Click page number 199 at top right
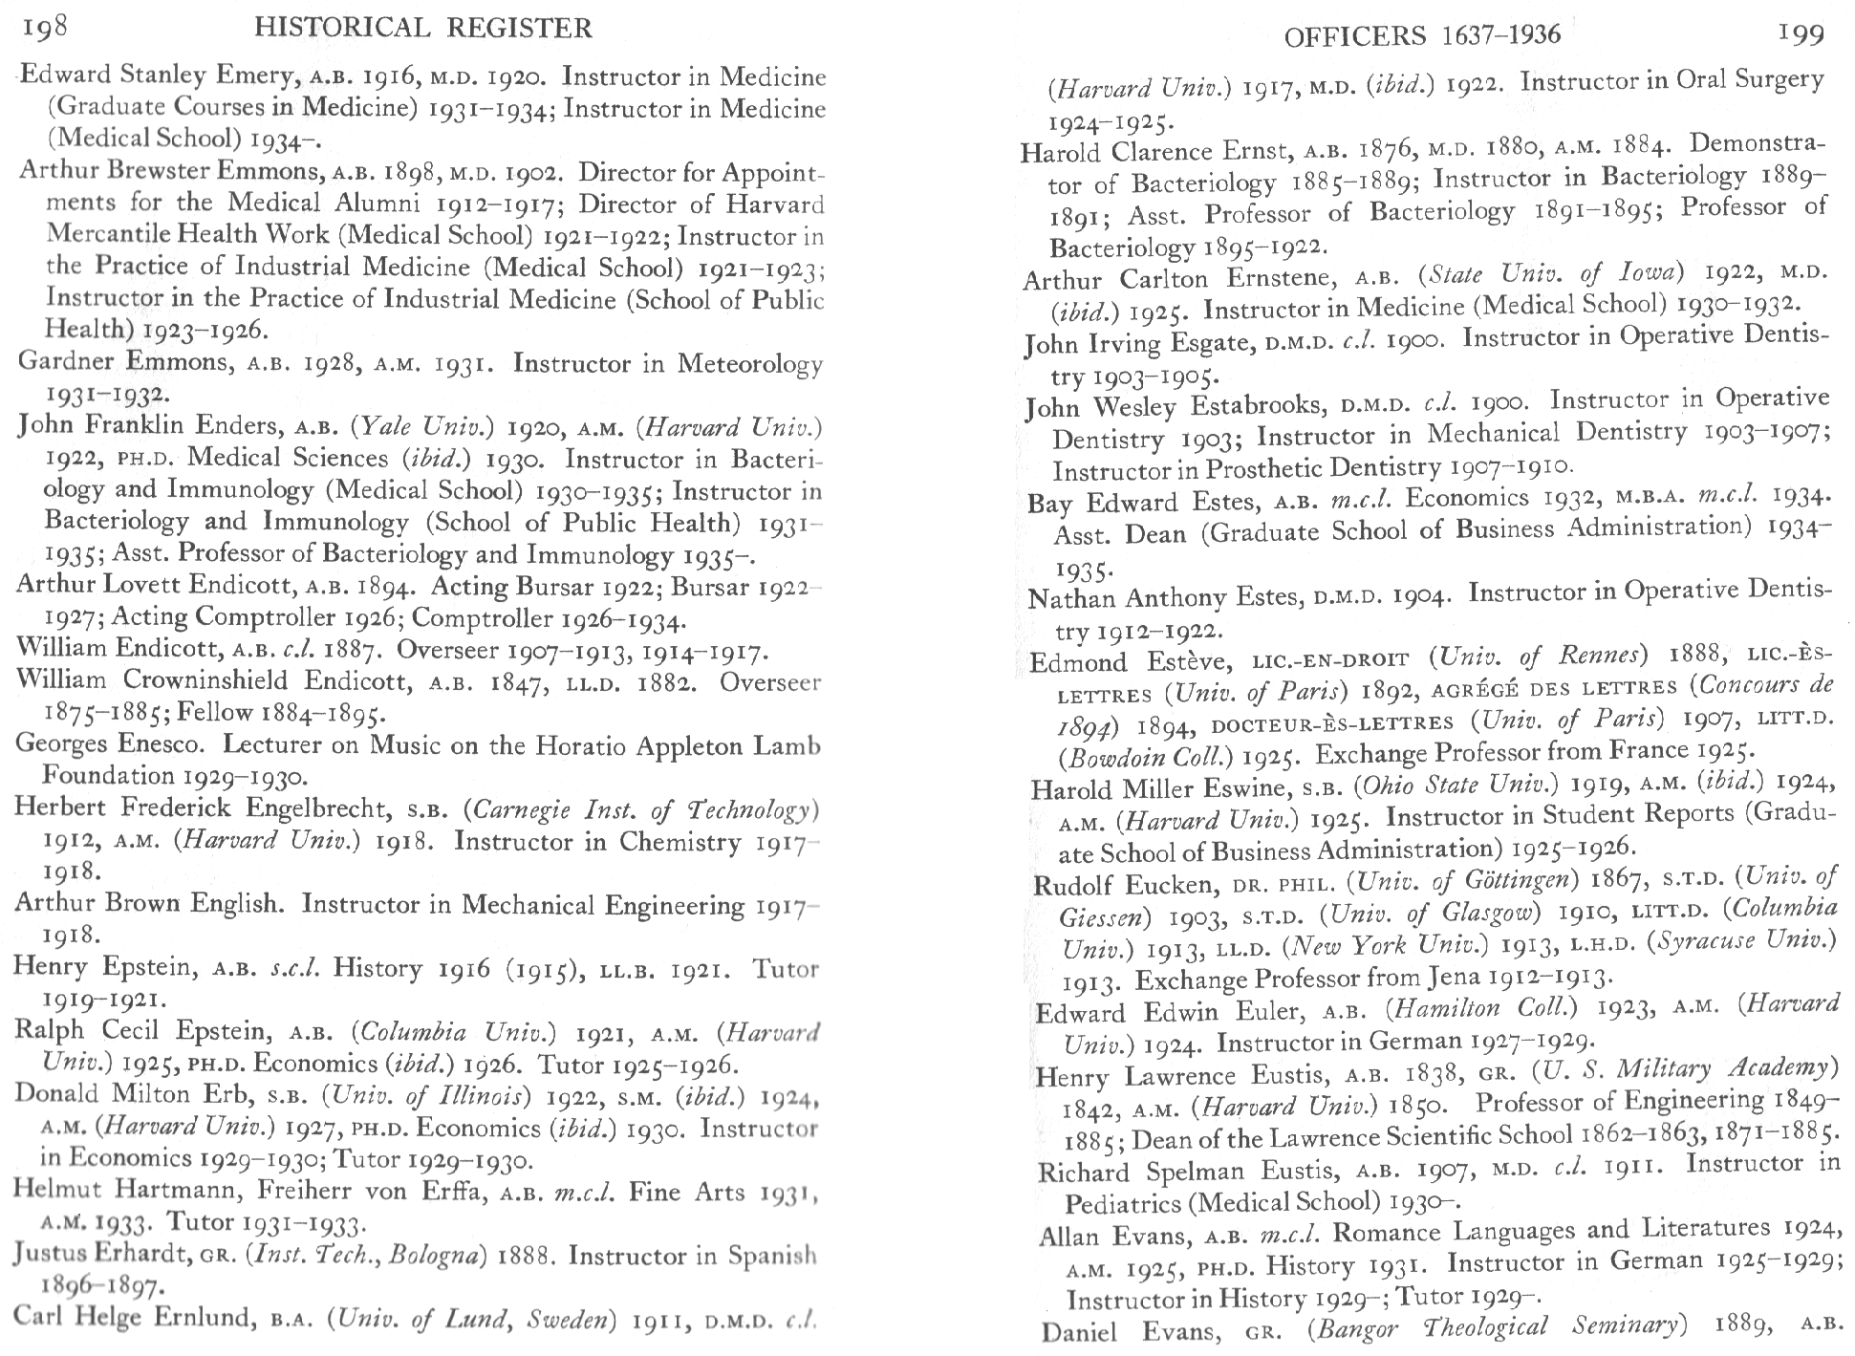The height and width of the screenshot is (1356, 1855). [x=1801, y=35]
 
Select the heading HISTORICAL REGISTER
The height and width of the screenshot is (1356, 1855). [x=423, y=29]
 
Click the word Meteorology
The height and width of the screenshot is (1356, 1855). [x=749, y=364]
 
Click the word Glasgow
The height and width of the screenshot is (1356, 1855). [x=1490, y=914]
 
